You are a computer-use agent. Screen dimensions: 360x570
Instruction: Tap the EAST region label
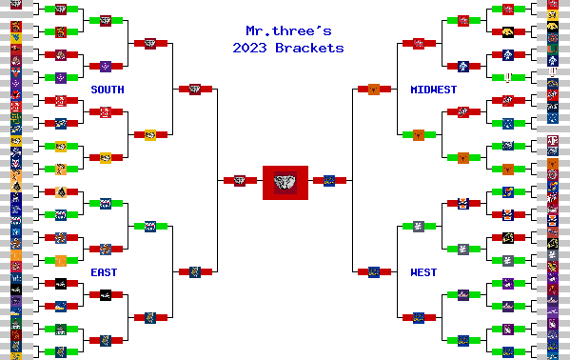[104, 272]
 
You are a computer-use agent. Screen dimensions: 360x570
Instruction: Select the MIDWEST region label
[433, 90]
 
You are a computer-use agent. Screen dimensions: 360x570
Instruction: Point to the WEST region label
[423, 272]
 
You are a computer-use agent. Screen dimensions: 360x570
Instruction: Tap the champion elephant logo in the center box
[285, 181]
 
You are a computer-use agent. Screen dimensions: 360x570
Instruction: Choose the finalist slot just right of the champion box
[329, 180]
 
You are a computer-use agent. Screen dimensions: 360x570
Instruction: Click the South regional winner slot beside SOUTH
[194, 90]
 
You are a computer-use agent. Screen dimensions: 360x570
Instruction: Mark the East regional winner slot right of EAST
[194, 271]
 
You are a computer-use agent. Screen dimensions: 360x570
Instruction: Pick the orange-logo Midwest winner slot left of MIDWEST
[374, 90]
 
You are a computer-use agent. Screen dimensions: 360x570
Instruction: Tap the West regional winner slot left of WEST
[374, 271]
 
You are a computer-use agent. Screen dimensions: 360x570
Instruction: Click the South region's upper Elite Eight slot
[149, 43]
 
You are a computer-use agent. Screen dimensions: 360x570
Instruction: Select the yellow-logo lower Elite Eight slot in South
[149, 134]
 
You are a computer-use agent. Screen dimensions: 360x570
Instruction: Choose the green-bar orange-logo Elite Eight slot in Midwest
[418, 134]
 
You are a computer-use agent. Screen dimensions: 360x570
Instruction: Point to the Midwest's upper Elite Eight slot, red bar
[418, 43]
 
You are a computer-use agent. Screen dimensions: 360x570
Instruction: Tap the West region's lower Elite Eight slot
[418, 317]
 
